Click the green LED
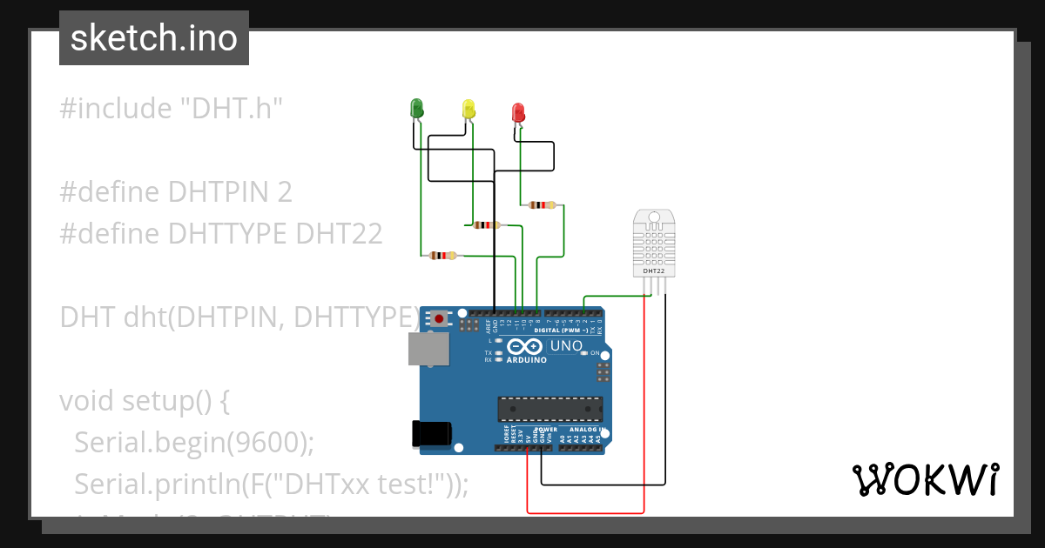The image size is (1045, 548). tap(416, 109)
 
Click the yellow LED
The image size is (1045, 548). tap(469, 109)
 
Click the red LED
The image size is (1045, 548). tap(518, 112)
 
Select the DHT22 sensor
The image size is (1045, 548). tap(654, 243)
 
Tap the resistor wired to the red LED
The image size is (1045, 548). tap(542, 205)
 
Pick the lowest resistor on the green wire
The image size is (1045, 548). tap(443, 256)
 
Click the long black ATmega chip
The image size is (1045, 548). tap(549, 409)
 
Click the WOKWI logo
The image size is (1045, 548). tap(925, 479)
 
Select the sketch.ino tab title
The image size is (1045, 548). tap(154, 38)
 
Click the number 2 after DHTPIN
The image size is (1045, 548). tap(285, 192)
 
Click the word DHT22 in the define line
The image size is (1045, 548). tap(339, 234)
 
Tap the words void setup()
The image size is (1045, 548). tap(145, 401)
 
